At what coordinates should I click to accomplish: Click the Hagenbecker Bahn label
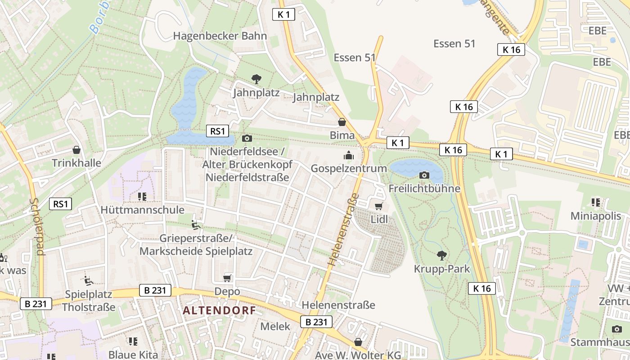tap(220, 36)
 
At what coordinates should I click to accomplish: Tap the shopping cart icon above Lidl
tap(378, 206)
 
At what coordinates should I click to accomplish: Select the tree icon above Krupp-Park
tap(441, 256)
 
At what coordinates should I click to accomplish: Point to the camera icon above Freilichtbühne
tap(424, 175)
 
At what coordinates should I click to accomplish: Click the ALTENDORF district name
tap(219, 310)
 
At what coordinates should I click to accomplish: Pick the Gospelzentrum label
tap(349, 168)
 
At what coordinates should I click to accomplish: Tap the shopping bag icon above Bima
tap(342, 122)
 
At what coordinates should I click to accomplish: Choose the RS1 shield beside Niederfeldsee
tap(217, 131)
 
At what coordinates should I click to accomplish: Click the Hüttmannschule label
tap(142, 210)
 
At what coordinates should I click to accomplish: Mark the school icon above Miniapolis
tap(596, 202)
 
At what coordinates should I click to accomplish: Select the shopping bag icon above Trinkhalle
tap(76, 149)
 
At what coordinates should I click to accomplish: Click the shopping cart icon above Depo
tap(227, 278)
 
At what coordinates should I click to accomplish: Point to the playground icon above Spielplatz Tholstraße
tap(89, 280)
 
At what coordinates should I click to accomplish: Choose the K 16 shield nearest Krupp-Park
tap(481, 288)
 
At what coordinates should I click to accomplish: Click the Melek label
tap(275, 326)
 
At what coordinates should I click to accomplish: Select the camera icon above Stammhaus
tap(616, 329)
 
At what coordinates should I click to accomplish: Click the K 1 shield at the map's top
tap(283, 14)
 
